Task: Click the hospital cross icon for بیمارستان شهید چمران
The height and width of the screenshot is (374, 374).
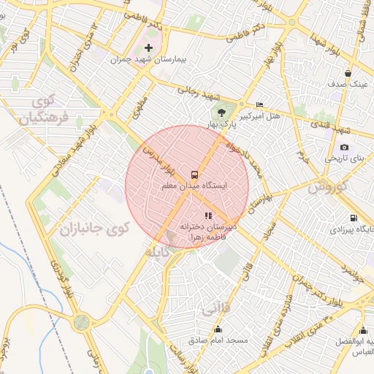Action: tap(149, 47)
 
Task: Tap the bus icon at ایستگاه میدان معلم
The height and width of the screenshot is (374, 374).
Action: tap(194, 175)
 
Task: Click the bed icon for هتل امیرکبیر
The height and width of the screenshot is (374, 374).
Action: tap(260, 105)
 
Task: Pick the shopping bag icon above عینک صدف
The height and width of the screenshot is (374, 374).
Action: tap(348, 73)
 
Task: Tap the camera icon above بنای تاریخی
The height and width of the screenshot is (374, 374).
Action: tap(344, 147)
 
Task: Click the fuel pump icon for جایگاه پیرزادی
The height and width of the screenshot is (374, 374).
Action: tap(354, 218)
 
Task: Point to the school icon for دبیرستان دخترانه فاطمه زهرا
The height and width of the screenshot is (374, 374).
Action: tap(208, 215)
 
